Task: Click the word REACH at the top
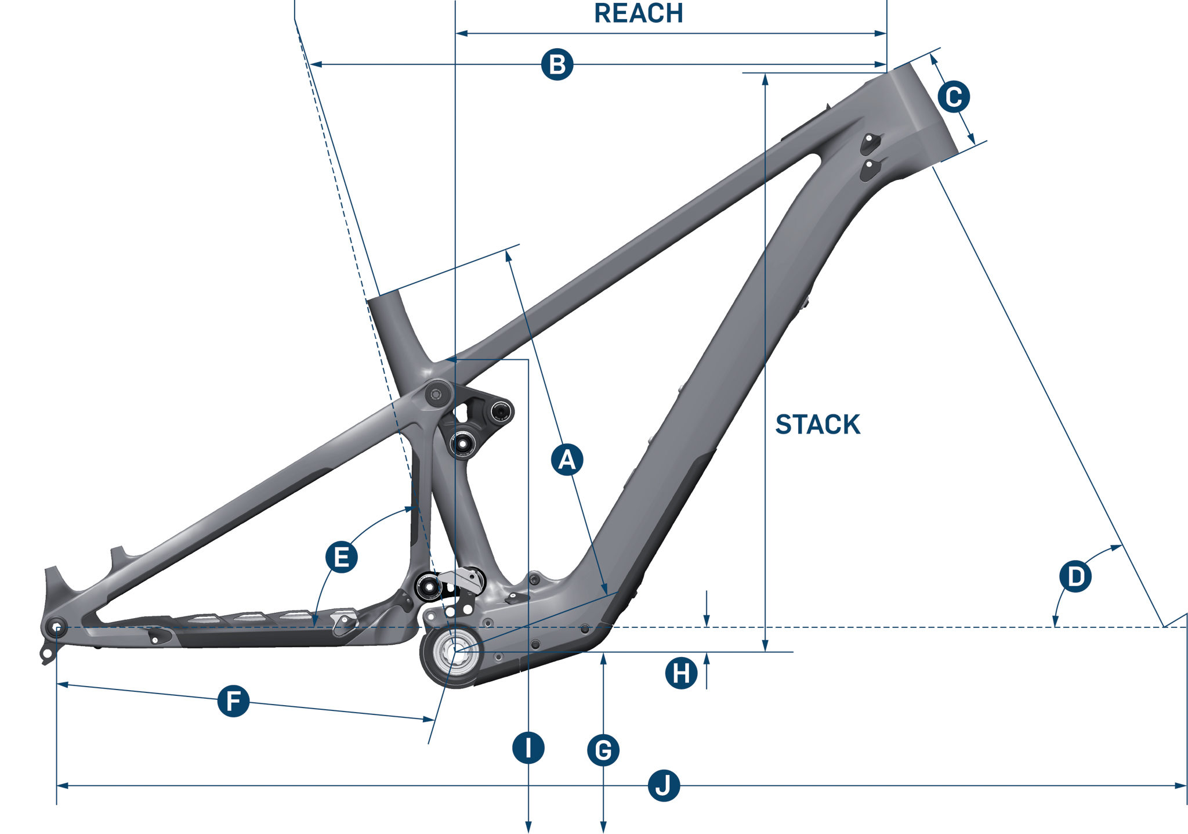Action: [x=639, y=13]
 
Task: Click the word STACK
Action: [x=817, y=424]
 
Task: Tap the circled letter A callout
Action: [x=567, y=460]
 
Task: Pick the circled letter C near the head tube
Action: [x=954, y=96]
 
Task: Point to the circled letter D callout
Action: [x=1075, y=576]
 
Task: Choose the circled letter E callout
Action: [x=341, y=557]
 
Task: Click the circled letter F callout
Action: [x=233, y=701]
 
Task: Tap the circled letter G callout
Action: [x=603, y=750]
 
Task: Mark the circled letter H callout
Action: [x=681, y=673]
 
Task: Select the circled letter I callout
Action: [x=528, y=748]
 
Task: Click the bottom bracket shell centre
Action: [x=455, y=652]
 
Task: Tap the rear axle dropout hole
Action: [x=56, y=627]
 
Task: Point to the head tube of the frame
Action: [x=914, y=110]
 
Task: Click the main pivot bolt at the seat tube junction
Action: [x=437, y=395]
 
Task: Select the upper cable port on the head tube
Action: [x=870, y=142]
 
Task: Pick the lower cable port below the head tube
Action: [x=870, y=168]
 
